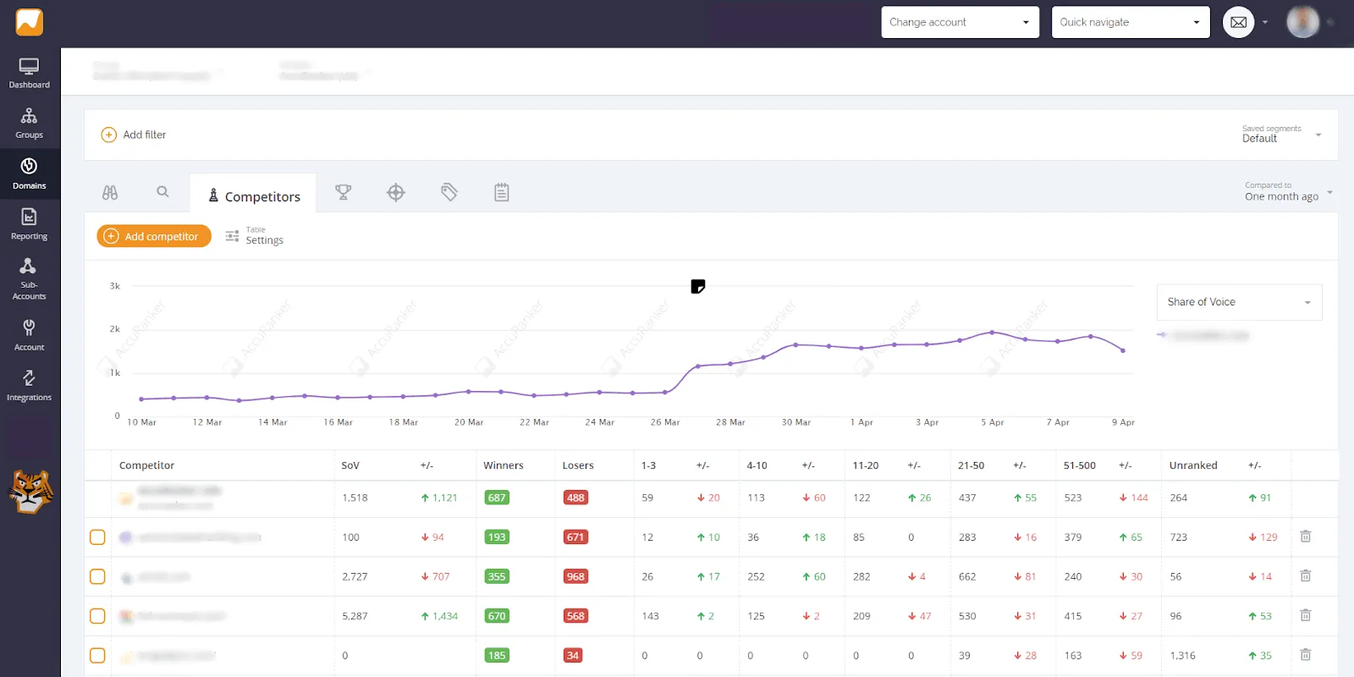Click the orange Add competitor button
point(154,236)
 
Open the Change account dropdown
point(960,22)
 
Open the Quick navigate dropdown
point(1130,22)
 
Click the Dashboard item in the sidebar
point(30,73)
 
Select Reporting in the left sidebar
point(30,224)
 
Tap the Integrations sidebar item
point(30,385)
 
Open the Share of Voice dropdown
point(1239,302)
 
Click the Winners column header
point(504,465)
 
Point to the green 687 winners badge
point(497,498)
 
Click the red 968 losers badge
point(575,576)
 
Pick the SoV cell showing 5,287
point(355,616)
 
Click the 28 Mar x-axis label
point(730,422)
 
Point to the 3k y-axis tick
point(115,286)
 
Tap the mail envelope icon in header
point(1238,22)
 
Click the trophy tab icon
point(343,192)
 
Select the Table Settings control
point(255,236)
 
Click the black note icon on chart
point(697,287)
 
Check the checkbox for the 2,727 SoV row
point(97,576)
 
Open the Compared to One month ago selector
point(1287,192)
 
